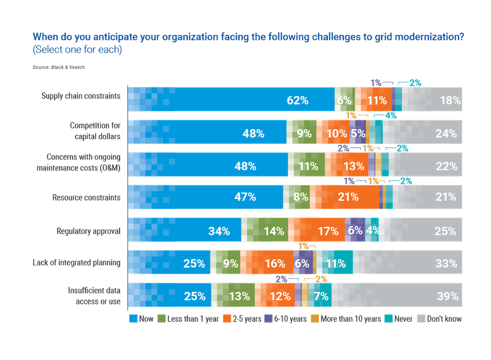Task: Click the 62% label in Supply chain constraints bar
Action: pyautogui.click(x=297, y=99)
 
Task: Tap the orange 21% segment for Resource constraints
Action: pyautogui.click(x=348, y=197)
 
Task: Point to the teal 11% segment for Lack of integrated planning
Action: pyautogui.click(x=335, y=263)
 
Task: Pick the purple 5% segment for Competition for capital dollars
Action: pyautogui.click(x=357, y=133)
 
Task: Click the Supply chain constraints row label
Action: pyautogui.click(x=81, y=96)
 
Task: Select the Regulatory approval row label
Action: pyautogui.click(x=88, y=231)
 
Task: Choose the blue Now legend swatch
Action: pyautogui.click(x=132, y=319)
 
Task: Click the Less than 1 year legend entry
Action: pyautogui.click(x=187, y=319)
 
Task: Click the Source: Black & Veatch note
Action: pyautogui.click(x=59, y=68)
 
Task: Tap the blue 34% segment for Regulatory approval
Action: pyautogui.click(x=219, y=231)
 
